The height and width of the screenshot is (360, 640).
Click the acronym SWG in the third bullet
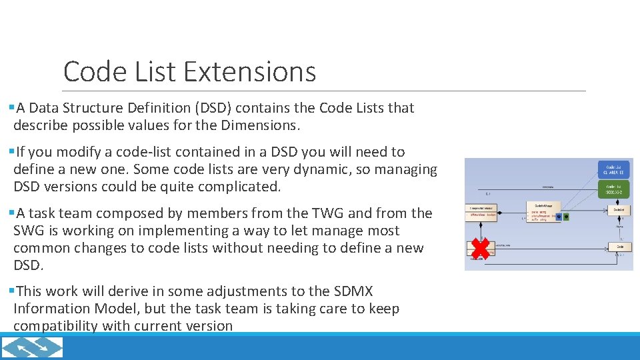(29, 231)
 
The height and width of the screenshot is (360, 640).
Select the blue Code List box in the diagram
(614, 170)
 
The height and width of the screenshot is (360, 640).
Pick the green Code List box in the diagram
(614, 189)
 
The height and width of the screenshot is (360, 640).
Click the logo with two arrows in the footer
(33, 347)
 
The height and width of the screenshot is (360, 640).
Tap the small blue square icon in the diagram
(558, 217)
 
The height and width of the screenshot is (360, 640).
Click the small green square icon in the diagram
(567, 217)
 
